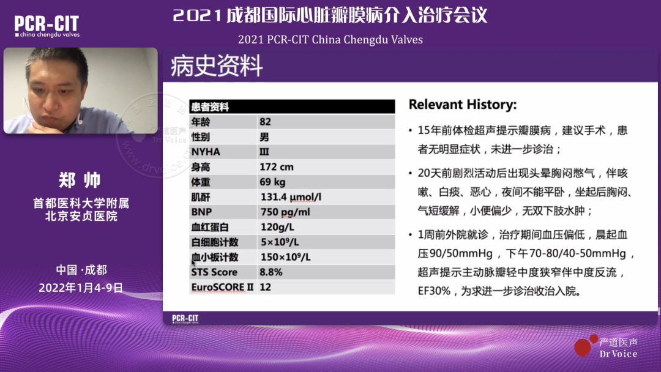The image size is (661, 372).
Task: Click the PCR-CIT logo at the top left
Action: pos(47,26)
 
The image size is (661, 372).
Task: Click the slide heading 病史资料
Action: pos(217,65)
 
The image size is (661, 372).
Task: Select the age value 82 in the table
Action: pos(265,122)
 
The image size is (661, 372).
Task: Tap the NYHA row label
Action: pos(206,152)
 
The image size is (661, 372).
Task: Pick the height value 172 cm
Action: pos(277,167)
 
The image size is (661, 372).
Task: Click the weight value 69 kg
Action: pos(272,182)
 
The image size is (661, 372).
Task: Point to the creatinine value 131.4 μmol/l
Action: pos(291,197)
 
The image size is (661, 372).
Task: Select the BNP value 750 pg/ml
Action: pos(285,212)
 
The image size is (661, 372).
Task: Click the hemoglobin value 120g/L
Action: pos(277,227)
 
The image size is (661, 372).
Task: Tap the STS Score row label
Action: pos(214,272)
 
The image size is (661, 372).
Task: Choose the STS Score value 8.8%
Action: pos(271,272)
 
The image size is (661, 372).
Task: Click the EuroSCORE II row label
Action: pos(222,287)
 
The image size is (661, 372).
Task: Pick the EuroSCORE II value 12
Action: pos(265,287)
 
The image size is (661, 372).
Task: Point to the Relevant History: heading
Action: pos(463,105)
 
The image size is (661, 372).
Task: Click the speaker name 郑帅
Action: pos(80,180)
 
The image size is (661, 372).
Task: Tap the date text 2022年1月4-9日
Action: pos(81,288)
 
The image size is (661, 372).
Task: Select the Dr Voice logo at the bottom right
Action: pos(606,347)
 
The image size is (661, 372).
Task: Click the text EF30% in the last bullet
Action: pos(434,291)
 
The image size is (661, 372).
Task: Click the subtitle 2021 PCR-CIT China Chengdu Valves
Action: pos(330,40)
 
